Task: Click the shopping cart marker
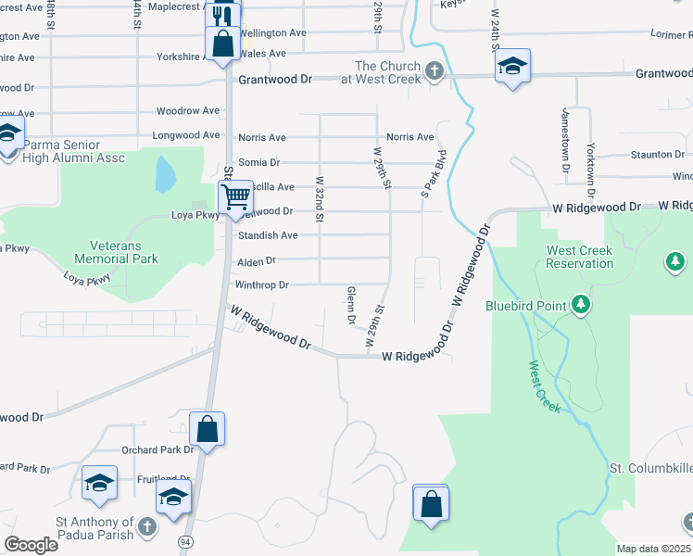235,196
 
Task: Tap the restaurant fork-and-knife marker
221,17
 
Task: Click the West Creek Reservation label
580,257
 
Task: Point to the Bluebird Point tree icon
581,303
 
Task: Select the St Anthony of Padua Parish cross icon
145,528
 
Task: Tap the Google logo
31,544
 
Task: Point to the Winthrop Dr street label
262,284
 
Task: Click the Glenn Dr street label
351,306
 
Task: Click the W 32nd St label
320,200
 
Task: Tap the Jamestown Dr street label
563,140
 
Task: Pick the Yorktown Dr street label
590,140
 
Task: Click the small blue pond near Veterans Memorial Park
165,173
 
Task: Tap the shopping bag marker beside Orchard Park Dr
207,429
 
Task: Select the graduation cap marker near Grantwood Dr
512,66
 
